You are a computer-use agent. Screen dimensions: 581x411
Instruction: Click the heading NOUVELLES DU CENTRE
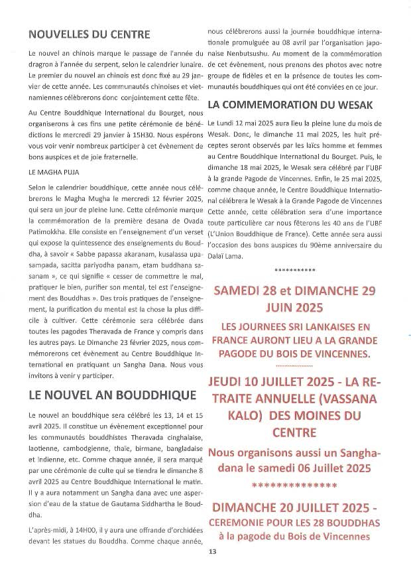pos(89,34)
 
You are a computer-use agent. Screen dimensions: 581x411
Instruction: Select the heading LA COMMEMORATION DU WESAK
pos(291,105)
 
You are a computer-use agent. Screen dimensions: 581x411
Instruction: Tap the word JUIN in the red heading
pos(276,307)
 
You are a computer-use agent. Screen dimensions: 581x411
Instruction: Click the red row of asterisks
pos(295,485)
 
